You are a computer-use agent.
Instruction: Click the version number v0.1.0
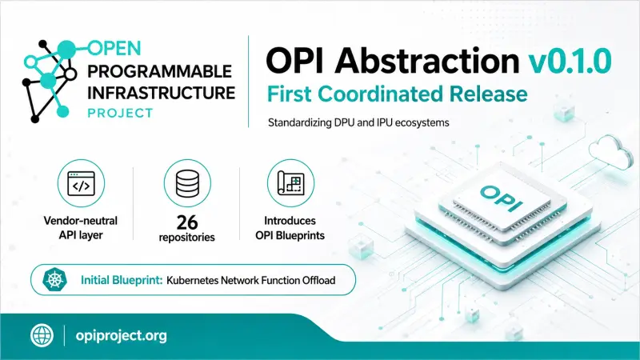point(570,61)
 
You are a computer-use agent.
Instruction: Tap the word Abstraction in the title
point(427,60)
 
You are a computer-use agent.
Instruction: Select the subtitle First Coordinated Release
point(397,94)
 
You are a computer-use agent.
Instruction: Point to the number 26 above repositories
point(187,222)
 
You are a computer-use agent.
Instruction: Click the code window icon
point(81,183)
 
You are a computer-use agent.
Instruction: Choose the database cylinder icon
point(187,183)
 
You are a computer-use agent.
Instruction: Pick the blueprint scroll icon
point(290,183)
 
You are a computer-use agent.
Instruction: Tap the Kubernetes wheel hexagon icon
point(54,279)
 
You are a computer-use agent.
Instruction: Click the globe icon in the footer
point(42,335)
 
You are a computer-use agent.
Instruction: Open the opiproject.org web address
point(122,336)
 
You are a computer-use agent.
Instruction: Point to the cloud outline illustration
point(609,152)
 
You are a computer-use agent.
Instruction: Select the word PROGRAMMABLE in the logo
point(159,71)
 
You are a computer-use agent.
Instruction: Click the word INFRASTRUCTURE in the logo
point(162,93)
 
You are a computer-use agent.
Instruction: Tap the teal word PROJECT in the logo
point(121,113)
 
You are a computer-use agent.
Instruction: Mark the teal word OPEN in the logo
point(114,49)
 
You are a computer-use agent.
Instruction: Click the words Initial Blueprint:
point(122,280)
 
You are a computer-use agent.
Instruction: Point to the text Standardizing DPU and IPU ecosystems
point(358,122)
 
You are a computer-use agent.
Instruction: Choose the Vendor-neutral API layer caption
point(81,228)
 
